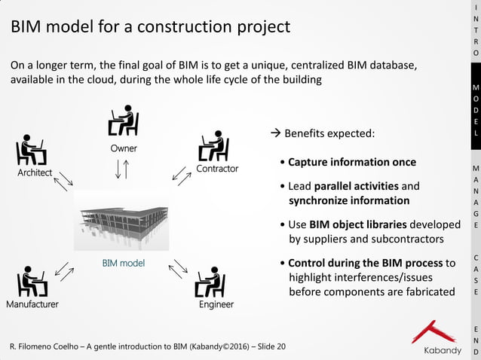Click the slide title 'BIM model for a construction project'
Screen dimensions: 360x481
tap(149, 27)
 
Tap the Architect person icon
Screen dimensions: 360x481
tap(31, 150)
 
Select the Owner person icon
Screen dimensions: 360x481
tap(123, 121)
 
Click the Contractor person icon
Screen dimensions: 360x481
tap(213, 147)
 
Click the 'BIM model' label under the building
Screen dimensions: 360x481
tap(123, 264)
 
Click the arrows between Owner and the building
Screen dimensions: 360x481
tap(122, 169)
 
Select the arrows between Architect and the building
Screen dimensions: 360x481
tap(64, 178)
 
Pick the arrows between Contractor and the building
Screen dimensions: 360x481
tap(182, 176)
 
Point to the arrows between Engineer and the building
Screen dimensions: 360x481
tap(179, 268)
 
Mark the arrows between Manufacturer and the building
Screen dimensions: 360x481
tap(64, 271)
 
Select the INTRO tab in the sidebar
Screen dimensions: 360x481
tap(475, 30)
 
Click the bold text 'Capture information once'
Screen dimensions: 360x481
tap(351, 162)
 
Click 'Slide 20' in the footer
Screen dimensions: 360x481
tap(271, 346)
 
